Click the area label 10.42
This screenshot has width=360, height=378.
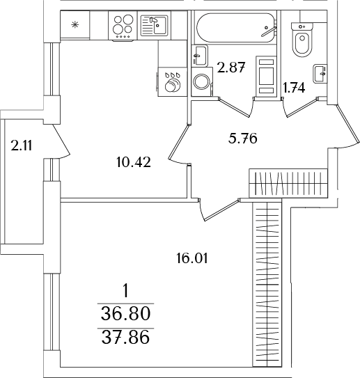point(135,163)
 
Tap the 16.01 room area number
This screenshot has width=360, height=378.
point(192,258)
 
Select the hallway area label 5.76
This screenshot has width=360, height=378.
point(243,138)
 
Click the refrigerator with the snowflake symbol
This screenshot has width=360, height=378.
point(75,26)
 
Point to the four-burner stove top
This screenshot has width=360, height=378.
point(124,26)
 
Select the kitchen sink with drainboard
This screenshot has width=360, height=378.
point(154,26)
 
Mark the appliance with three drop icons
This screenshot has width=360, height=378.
point(172,81)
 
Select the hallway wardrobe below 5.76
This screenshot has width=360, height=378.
point(288,184)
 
